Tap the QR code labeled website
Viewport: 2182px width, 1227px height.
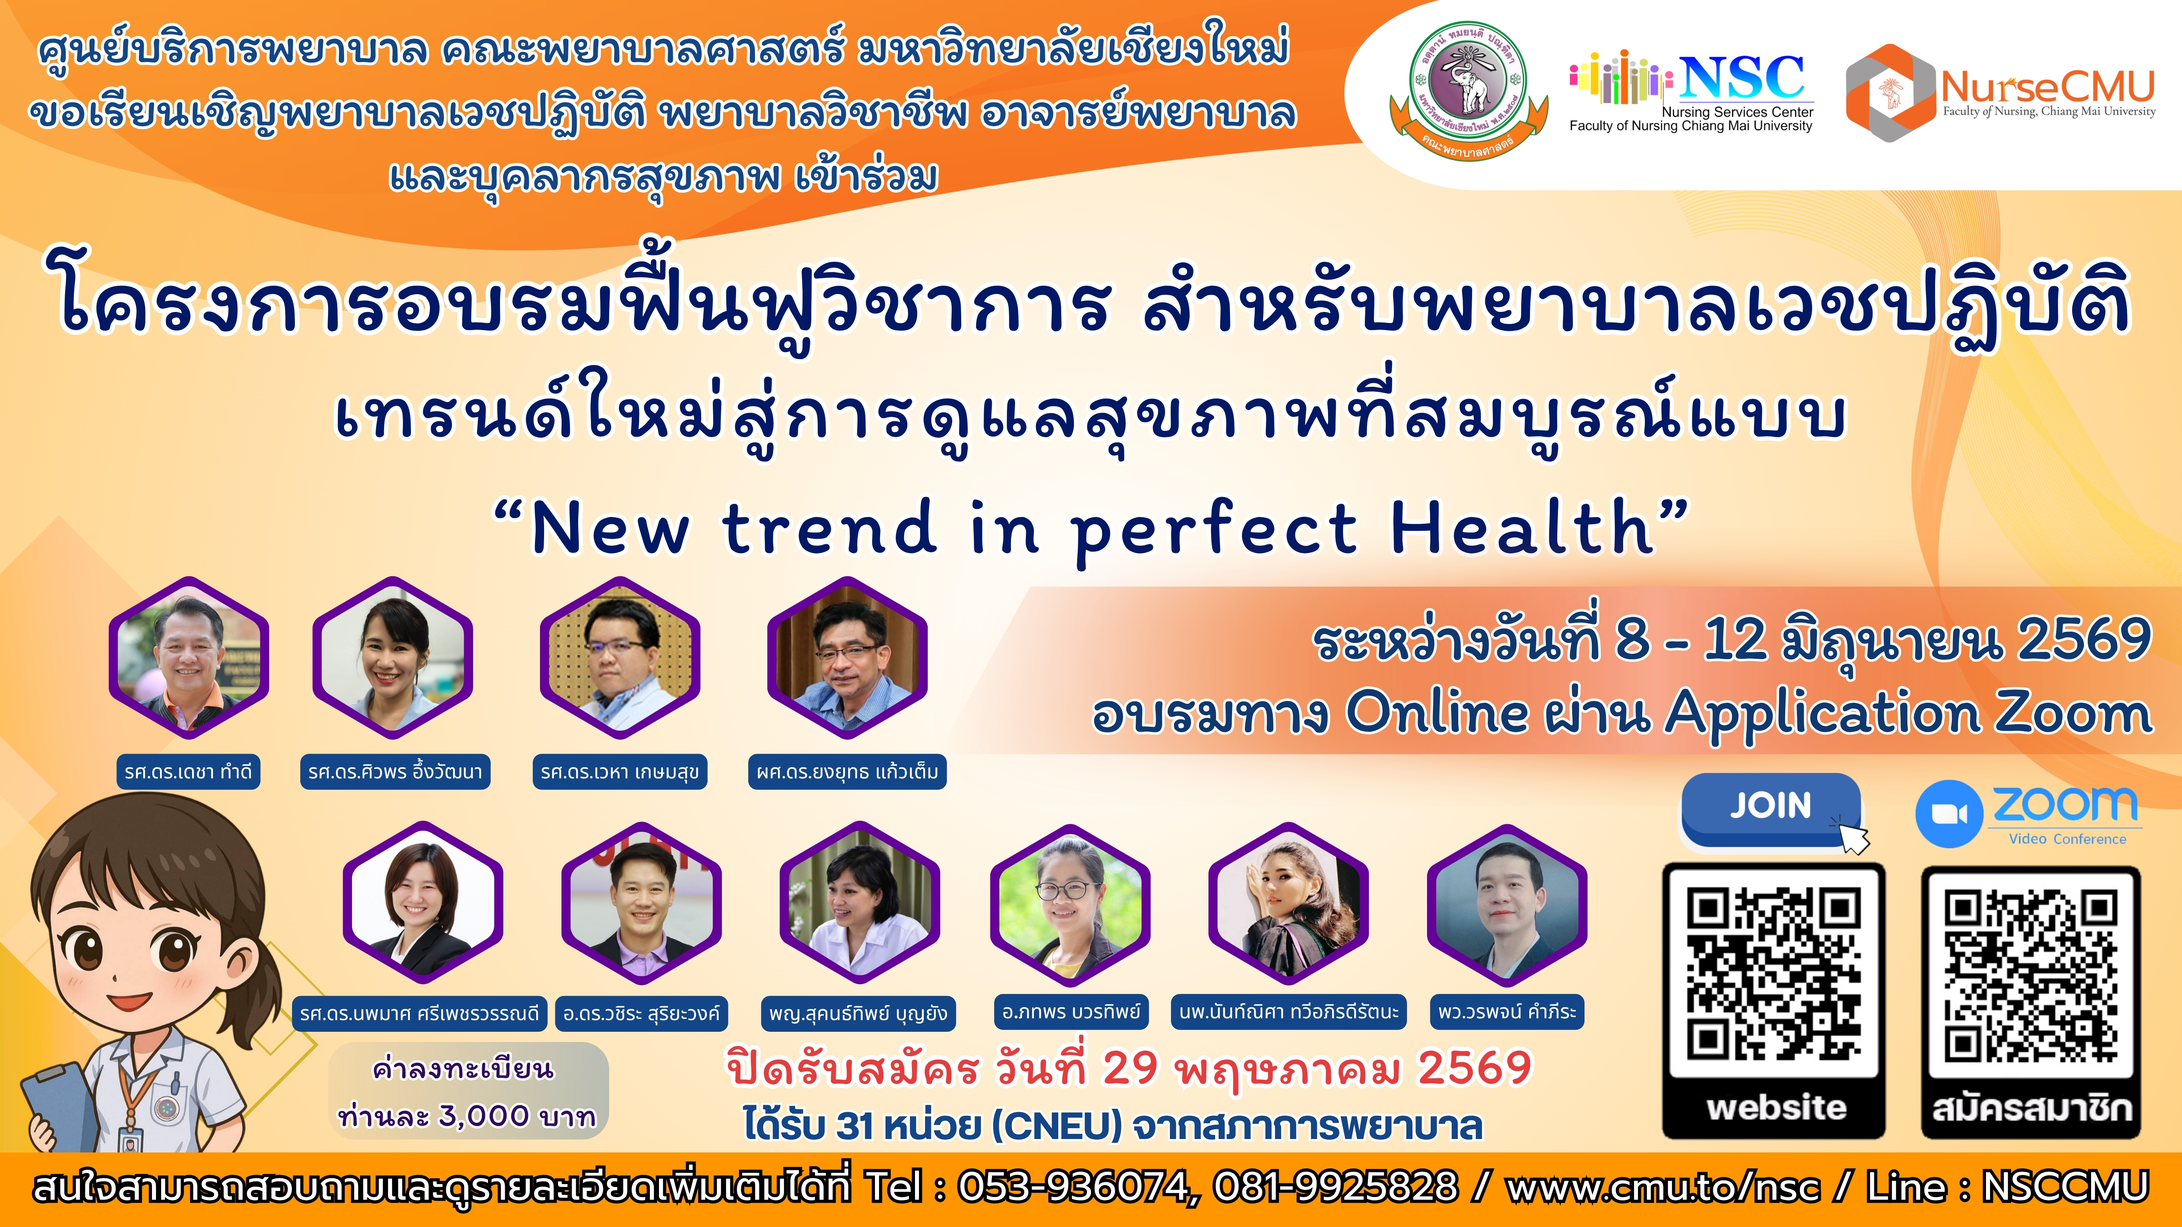coord(1774,974)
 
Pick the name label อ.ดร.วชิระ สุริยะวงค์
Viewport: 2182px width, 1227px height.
coord(641,1013)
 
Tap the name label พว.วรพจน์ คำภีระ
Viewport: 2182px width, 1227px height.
coord(1507,1012)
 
